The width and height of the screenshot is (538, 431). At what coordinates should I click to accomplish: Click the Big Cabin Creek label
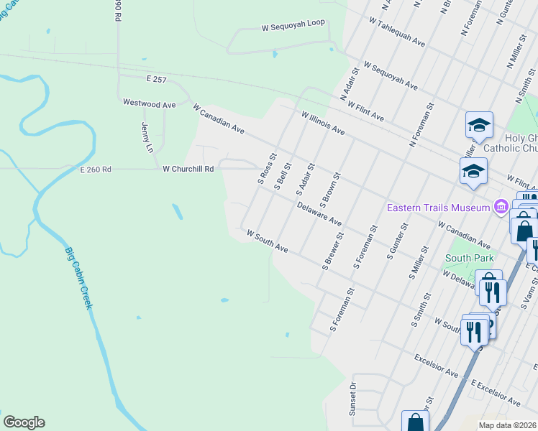click(x=80, y=279)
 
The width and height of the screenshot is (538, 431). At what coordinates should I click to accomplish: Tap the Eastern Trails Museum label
click(x=439, y=208)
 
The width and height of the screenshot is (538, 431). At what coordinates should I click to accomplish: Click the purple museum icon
click(x=500, y=208)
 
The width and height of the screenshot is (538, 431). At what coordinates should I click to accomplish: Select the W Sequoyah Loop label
click(x=293, y=25)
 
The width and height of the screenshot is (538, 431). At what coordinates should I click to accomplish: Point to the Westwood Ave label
click(x=149, y=104)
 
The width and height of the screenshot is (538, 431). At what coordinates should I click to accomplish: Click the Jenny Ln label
click(x=147, y=136)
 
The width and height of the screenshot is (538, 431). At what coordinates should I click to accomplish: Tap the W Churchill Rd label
click(x=188, y=170)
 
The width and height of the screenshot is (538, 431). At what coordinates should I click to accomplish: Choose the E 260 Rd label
click(x=96, y=170)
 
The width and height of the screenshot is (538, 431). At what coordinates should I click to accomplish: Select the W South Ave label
click(x=267, y=241)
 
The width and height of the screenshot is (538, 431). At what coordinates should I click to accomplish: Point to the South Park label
click(x=467, y=257)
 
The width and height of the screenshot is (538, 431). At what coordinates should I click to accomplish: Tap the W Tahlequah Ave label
click(x=396, y=32)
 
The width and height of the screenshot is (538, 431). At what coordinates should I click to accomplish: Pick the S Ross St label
click(x=267, y=167)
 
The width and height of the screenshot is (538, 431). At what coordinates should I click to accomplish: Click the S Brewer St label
click(x=333, y=255)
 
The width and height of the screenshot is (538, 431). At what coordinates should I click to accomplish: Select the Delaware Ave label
click(x=319, y=213)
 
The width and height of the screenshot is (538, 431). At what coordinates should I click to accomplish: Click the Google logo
click(x=24, y=422)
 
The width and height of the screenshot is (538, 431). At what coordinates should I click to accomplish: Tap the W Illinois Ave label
click(x=323, y=123)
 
